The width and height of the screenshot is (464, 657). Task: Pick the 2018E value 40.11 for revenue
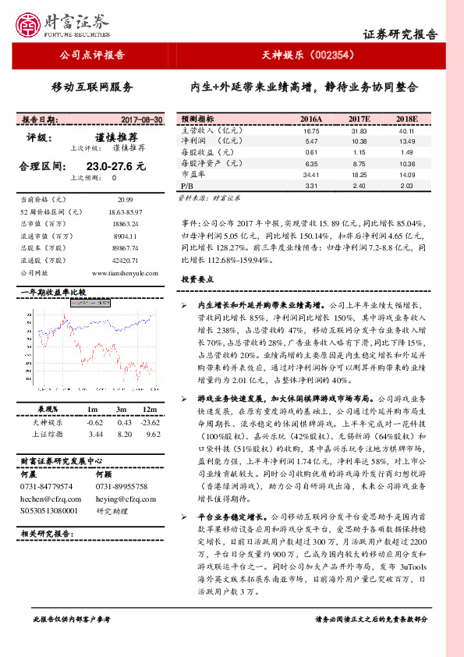coord(406,130)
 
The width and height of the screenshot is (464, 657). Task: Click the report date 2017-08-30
coord(142,119)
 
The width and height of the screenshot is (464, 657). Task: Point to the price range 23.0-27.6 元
coord(116,166)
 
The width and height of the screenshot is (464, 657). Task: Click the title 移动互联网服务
coord(92,87)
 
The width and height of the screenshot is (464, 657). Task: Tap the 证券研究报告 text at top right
coord(401,34)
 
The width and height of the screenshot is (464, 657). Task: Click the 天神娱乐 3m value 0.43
coord(122,421)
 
